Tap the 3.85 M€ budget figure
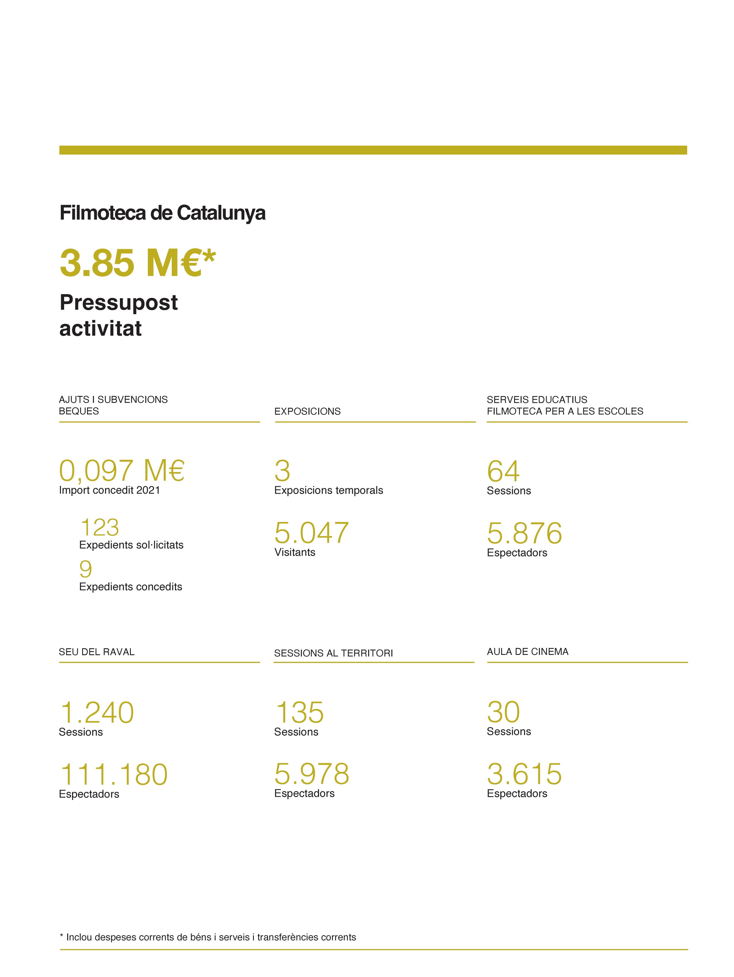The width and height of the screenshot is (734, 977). pos(137,263)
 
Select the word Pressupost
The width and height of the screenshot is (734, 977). pos(118,303)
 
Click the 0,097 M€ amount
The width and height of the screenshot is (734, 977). pos(121,470)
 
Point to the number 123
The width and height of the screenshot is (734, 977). pos(100,527)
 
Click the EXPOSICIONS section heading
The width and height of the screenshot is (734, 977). pos(307,412)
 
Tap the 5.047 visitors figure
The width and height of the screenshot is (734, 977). pos(311,533)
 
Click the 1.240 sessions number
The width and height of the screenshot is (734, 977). pos(97,713)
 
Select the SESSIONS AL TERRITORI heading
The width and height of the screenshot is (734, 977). pos(333,653)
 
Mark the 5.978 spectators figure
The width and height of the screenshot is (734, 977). pos(311,774)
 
